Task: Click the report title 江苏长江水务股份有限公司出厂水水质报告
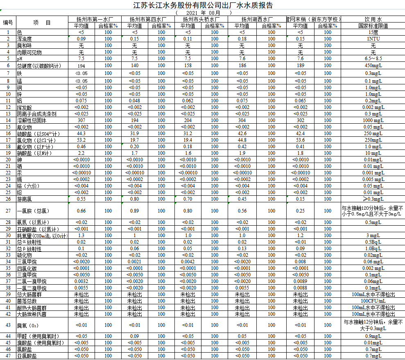point(203,5)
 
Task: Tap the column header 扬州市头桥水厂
point(201,19)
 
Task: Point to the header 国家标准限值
point(373,25)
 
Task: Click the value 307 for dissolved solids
point(81,120)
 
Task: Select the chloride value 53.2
point(81,140)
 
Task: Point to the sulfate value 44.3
point(81,134)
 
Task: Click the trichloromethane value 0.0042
point(188,261)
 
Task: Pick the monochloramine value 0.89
point(134,211)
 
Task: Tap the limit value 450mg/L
point(373,66)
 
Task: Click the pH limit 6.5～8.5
point(373,59)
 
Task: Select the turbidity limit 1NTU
point(373,39)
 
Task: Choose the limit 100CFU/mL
point(373,301)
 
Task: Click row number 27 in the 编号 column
point(8,211)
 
